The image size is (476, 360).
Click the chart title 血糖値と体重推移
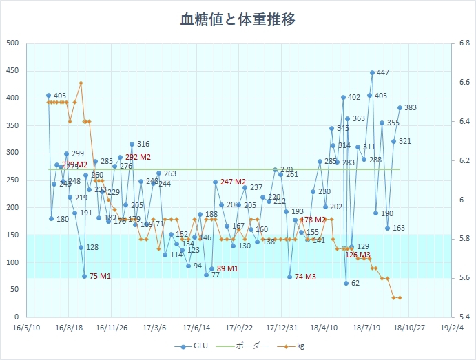238,19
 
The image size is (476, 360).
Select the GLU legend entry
192,347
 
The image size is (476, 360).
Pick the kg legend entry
296,347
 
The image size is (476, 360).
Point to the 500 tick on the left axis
12,43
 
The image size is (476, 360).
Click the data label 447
383,73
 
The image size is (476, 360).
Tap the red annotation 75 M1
101,276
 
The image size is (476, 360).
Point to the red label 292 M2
138,157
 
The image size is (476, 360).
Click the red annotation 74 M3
306,277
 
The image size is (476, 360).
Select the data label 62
355,283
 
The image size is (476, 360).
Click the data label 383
411,107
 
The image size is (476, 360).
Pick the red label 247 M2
234,182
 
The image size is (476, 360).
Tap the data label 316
143,145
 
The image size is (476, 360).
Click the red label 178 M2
313,220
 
